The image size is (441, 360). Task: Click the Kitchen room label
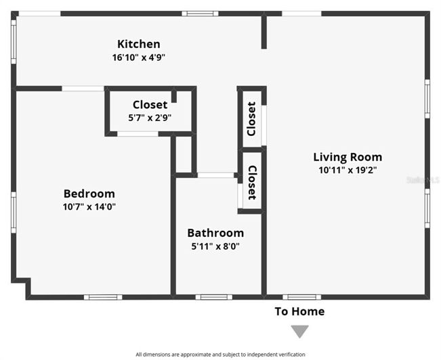pyautogui.click(x=139, y=45)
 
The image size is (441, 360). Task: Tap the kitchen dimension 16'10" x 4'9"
pyautogui.click(x=139, y=58)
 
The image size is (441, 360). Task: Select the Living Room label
pyautogui.click(x=348, y=157)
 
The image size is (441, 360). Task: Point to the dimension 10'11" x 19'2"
pyautogui.click(x=348, y=170)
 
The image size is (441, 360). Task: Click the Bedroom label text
pyautogui.click(x=89, y=194)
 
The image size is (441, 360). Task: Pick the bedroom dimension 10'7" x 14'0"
pyautogui.click(x=89, y=206)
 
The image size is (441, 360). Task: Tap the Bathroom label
pyautogui.click(x=215, y=233)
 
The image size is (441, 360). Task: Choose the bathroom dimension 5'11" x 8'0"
pyautogui.click(x=215, y=246)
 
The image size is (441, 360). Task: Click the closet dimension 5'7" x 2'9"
pyautogui.click(x=150, y=117)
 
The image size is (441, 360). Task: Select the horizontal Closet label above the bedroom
pyautogui.click(x=150, y=104)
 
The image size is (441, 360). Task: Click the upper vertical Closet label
pyautogui.click(x=251, y=118)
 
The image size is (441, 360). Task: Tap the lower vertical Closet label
pyautogui.click(x=251, y=183)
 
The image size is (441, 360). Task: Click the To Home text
pyautogui.click(x=299, y=311)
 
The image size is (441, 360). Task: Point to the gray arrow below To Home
pyautogui.click(x=299, y=331)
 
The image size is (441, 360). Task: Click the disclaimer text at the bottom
pyautogui.click(x=220, y=354)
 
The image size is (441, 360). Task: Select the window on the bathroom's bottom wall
pyautogui.click(x=213, y=296)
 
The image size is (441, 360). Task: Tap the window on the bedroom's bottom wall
pyautogui.click(x=103, y=296)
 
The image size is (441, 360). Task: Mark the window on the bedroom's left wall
pyautogui.click(x=14, y=212)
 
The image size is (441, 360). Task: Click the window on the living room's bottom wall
pyautogui.click(x=301, y=296)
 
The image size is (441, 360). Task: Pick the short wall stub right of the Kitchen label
pyautogui.click(x=264, y=32)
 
